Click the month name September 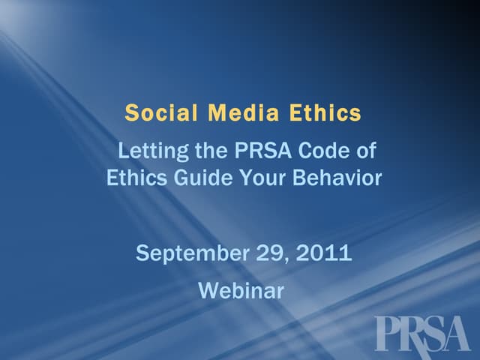pos(188,253)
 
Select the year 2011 pos(324,253)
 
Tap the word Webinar pos(241,290)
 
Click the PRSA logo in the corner pos(421,332)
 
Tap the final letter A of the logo pos(456,332)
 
